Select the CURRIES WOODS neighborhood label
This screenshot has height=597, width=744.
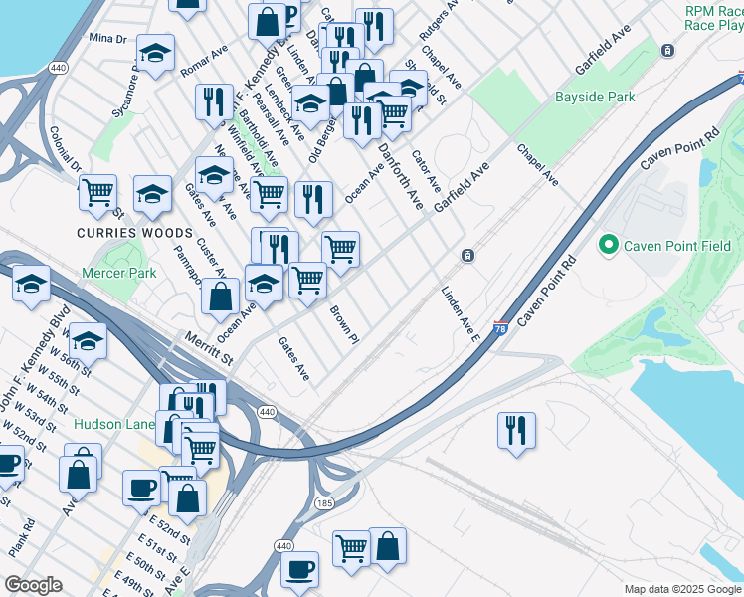coord(118,232)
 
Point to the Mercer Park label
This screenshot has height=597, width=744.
coord(120,272)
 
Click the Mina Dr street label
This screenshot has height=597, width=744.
coord(108,38)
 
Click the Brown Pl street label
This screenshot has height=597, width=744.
coord(343,324)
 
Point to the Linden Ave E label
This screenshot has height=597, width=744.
coord(461,314)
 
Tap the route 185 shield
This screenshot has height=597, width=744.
coord(324,504)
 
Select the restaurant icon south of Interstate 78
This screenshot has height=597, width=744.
coord(516,430)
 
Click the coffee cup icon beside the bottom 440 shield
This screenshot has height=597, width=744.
coord(299,569)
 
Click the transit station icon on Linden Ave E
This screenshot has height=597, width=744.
coord(467,256)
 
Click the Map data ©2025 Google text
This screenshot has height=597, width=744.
coord(681,589)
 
